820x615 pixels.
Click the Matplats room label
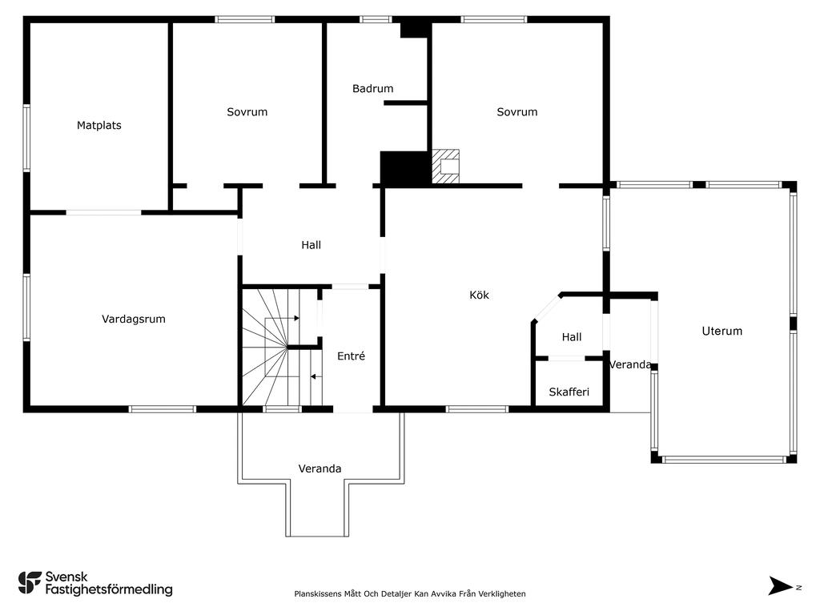click(98, 126)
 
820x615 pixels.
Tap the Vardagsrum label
click(134, 319)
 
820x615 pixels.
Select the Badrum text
click(373, 88)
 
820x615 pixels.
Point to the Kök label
click(479, 295)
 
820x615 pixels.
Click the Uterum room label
click(722, 331)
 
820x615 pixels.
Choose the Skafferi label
click(569, 392)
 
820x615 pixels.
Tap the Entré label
click(351, 356)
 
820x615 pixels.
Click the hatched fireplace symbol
click(445, 167)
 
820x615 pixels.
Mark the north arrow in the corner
click(780, 585)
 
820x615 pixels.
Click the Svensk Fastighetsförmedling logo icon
click(30, 583)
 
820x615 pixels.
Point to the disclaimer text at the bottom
click(410, 593)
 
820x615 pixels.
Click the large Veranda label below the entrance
click(320, 468)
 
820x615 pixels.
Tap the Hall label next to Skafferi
click(572, 337)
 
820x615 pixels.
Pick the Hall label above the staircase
click(312, 245)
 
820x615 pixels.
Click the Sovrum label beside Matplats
click(247, 112)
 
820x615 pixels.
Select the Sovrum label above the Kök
click(517, 112)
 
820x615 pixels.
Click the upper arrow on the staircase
click(283, 318)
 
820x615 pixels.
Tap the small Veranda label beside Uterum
click(631, 364)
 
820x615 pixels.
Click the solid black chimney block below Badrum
click(404, 168)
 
